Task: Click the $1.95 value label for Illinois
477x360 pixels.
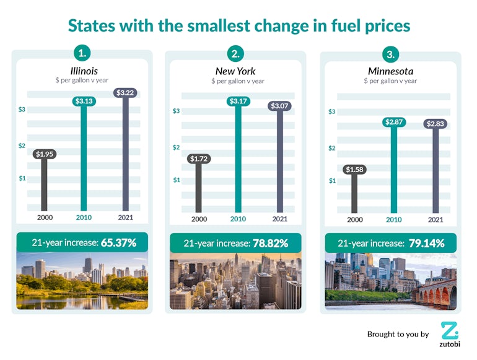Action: tap(44, 154)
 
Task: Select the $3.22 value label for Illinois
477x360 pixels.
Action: tap(126, 93)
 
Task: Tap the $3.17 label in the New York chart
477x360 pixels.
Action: tap(239, 102)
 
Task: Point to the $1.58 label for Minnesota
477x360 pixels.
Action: tap(355, 170)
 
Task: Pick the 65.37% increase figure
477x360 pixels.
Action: tap(118, 242)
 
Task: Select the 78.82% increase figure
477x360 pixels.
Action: tap(270, 244)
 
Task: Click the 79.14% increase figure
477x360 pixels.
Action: tap(426, 244)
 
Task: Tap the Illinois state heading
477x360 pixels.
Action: tap(84, 71)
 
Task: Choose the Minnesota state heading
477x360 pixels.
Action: tap(390, 72)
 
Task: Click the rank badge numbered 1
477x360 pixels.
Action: tap(82, 52)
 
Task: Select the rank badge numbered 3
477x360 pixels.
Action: tap(390, 55)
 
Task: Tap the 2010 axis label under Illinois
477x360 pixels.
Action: tap(84, 217)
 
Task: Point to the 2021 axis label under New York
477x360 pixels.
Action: tap(279, 219)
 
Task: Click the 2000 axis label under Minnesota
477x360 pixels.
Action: tap(355, 219)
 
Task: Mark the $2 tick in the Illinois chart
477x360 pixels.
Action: tap(22, 146)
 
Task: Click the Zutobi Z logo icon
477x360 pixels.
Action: tap(450, 330)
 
